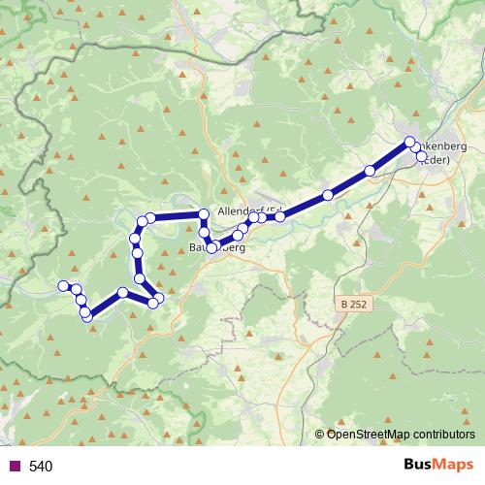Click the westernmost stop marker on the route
(x=64, y=285)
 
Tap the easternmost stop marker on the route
(x=422, y=155)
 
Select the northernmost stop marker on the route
(x=409, y=143)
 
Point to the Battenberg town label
(x=218, y=249)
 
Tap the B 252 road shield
(x=355, y=304)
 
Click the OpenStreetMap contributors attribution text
(x=401, y=435)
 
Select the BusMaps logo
(x=437, y=466)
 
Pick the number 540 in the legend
(x=41, y=467)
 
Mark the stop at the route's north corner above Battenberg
(x=204, y=213)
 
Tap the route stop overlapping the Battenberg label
(x=211, y=248)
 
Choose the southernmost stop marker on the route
(x=86, y=315)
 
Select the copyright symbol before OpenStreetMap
(x=319, y=435)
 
